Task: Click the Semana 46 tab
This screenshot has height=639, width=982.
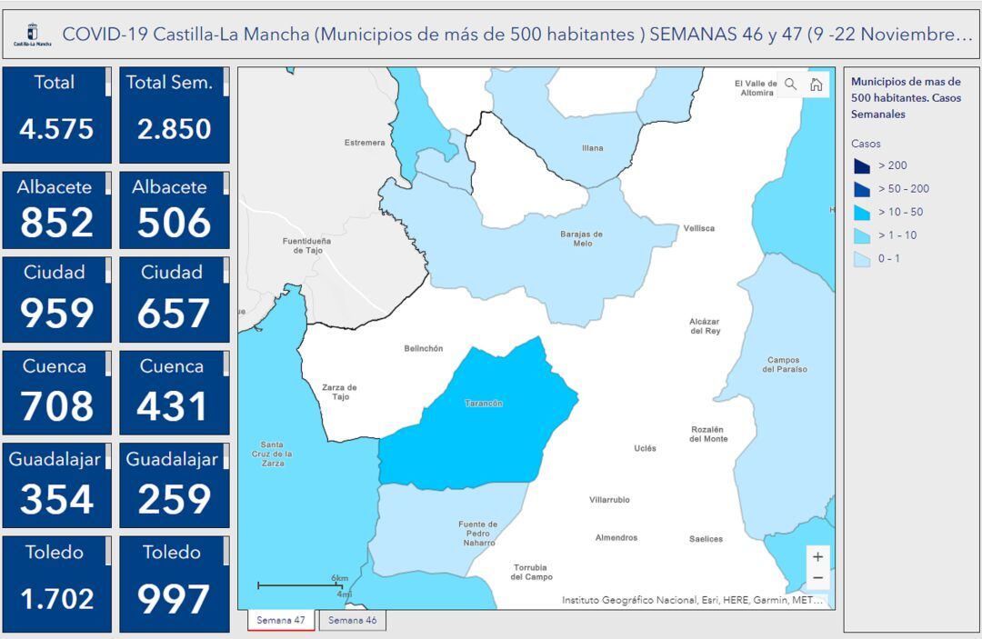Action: pyautogui.click(x=353, y=620)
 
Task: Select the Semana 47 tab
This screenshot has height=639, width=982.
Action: pyautogui.click(x=281, y=620)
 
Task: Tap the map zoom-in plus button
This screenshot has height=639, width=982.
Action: pyautogui.click(x=817, y=556)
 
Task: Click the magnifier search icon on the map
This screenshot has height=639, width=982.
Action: pyautogui.click(x=790, y=84)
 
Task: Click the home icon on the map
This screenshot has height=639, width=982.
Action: pyautogui.click(x=817, y=84)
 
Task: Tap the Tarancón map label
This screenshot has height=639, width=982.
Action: pyautogui.click(x=483, y=403)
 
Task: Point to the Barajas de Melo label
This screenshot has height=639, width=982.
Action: pyautogui.click(x=582, y=238)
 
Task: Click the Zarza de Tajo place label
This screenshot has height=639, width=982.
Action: pyautogui.click(x=339, y=392)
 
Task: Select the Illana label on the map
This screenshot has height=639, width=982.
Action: pyautogui.click(x=592, y=148)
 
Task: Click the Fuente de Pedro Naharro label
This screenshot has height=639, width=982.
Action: pyautogui.click(x=478, y=533)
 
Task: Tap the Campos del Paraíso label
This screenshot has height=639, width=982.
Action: pyautogui.click(x=783, y=364)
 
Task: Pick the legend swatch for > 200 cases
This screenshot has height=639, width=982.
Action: pyautogui.click(x=862, y=166)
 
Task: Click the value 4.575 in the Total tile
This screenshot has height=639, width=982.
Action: pyautogui.click(x=56, y=129)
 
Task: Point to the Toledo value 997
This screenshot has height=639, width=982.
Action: pyautogui.click(x=174, y=599)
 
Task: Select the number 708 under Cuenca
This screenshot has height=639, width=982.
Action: pyautogui.click(x=56, y=406)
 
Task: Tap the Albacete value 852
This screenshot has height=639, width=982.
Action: pyautogui.click(x=56, y=223)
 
